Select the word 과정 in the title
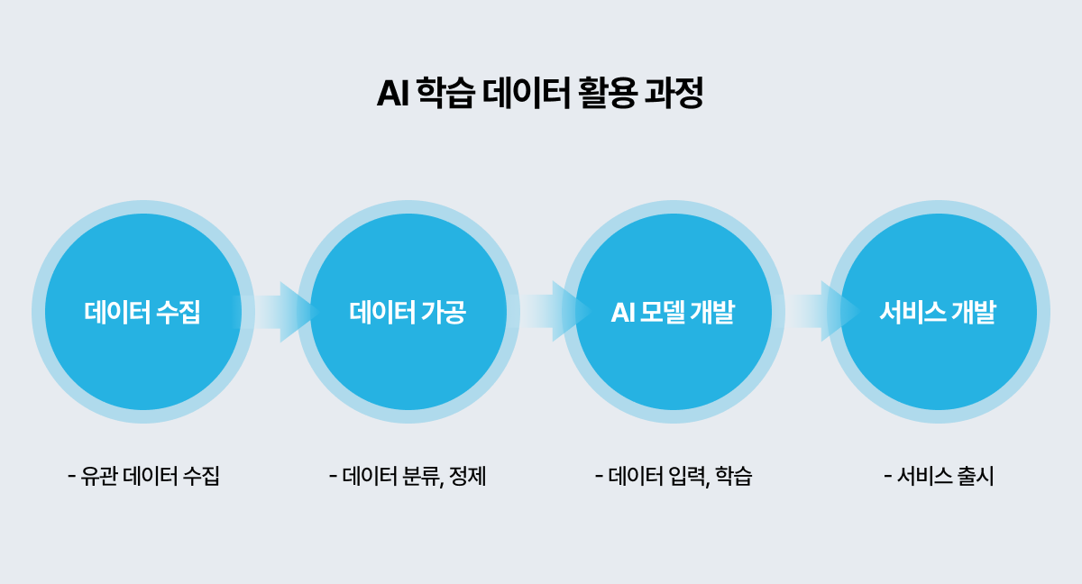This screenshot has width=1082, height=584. (675, 94)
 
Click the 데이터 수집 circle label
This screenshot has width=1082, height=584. (142, 313)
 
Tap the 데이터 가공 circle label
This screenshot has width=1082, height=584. (408, 313)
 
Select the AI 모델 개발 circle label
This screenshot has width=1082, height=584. (673, 313)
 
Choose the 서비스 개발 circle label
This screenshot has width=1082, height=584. (938, 313)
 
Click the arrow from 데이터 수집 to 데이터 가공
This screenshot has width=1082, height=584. (280, 312)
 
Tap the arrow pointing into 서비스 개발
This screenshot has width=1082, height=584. (821, 312)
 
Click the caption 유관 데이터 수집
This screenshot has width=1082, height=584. (144, 476)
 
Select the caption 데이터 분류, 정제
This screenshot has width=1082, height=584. (408, 476)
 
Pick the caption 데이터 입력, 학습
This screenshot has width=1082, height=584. (674, 476)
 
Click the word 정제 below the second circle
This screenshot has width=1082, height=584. (469, 476)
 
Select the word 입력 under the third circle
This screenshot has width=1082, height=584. (685, 476)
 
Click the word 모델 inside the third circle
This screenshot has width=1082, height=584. (665, 313)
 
